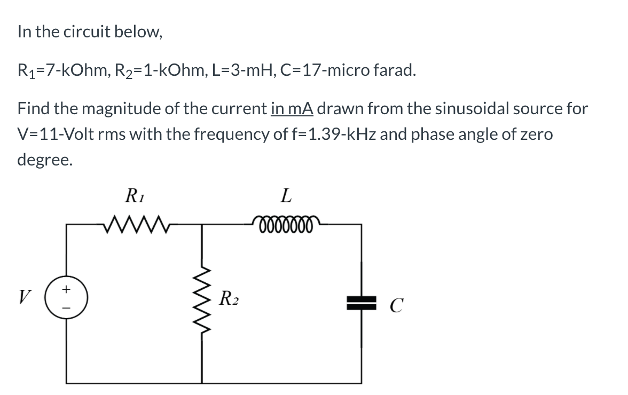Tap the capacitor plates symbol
tap(362, 304)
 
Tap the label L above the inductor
tap(286, 196)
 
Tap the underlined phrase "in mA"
tap(292, 109)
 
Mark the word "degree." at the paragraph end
tap(44, 159)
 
